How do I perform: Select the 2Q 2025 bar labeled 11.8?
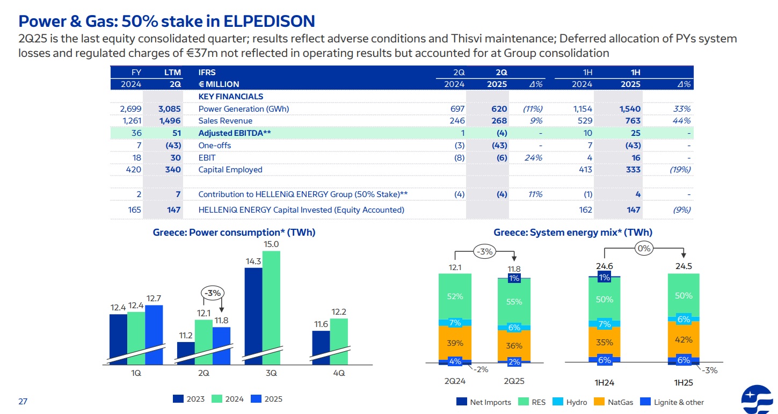coord(221,344)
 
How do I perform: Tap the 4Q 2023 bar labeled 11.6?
coord(321,346)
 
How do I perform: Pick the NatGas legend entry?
coord(616,402)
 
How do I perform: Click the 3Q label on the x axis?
coord(271,373)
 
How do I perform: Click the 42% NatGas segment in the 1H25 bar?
coord(684,339)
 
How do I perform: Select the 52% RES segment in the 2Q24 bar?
coord(455,296)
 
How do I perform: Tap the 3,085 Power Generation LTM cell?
coord(170,108)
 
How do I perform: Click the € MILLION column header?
coord(219,84)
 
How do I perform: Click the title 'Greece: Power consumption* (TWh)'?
coord(234,233)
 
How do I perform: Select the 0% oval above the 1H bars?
coord(644,249)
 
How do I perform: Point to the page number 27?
coord(23,401)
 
